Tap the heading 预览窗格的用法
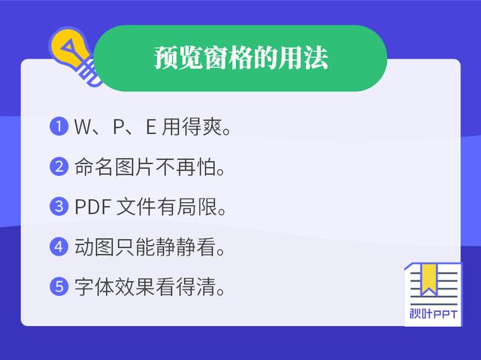(241, 58)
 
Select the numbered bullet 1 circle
(59, 126)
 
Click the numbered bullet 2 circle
(59, 167)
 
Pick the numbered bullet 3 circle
(59, 207)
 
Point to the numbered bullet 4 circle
(59, 247)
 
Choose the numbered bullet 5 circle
(59, 286)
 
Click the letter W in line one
(83, 126)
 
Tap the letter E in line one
(150, 126)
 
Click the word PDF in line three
(93, 207)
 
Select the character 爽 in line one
(211, 127)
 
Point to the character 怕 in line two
(206, 167)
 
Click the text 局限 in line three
(197, 207)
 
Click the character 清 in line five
(206, 286)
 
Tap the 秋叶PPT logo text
(433, 314)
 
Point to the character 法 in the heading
(316, 58)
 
